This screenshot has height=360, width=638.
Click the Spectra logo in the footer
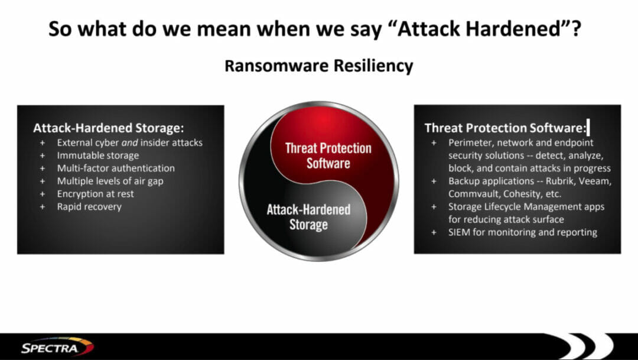tap(57, 348)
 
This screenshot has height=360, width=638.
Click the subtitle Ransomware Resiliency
tap(318, 66)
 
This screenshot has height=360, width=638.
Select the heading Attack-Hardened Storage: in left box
tap(108, 128)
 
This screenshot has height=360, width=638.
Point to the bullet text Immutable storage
tap(97, 155)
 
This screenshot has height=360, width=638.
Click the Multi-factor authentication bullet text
tap(116, 168)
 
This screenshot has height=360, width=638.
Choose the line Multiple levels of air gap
tap(110, 181)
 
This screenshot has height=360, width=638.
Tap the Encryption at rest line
tap(95, 194)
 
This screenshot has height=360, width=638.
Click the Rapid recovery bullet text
tap(89, 207)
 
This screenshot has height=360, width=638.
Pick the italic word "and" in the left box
tap(129, 143)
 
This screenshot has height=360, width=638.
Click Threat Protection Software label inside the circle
tap(328, 155)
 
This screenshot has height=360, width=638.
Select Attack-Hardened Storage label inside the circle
tap(308, 217)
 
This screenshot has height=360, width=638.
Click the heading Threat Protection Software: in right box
tap(505, 128)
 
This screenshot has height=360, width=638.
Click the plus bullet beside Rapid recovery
tap(43, 207)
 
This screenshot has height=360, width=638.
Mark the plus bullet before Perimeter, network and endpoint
tap(434, 143)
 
